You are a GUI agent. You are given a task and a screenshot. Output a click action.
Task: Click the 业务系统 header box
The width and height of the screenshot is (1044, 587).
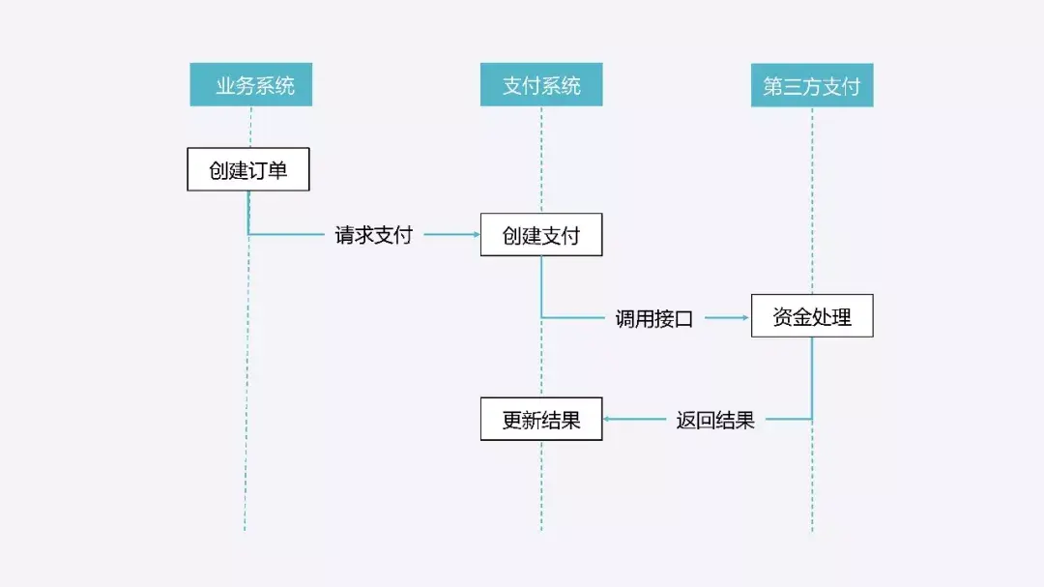250,85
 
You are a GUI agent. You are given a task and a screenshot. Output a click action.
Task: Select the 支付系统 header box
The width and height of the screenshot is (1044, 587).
541,85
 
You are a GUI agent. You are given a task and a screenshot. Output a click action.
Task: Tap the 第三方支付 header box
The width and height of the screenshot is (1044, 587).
812,85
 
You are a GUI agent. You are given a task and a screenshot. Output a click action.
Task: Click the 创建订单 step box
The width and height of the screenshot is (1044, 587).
248,169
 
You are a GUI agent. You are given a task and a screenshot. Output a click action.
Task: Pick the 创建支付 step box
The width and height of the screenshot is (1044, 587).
541,235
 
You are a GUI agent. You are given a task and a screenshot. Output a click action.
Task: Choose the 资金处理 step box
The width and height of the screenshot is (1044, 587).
812,316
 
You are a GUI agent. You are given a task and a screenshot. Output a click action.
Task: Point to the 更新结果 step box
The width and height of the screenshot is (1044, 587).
541,420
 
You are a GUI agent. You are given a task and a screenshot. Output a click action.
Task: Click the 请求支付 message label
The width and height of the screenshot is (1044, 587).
373,235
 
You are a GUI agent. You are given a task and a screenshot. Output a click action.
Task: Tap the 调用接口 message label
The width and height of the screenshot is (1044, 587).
654,318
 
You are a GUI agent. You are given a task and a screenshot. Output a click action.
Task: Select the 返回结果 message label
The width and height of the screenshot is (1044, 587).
715,421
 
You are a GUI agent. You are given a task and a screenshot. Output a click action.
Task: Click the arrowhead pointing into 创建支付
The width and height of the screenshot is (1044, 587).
476,235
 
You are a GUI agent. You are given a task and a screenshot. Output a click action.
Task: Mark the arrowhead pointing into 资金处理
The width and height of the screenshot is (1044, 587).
746,317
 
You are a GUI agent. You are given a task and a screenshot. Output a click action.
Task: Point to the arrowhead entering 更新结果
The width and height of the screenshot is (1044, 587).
608,420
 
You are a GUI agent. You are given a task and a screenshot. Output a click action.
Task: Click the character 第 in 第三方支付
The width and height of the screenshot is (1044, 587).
773,86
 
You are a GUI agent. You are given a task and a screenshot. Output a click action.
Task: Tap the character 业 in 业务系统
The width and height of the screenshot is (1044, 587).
225,86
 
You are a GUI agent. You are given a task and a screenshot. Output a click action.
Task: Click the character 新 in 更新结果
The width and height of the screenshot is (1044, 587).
532,421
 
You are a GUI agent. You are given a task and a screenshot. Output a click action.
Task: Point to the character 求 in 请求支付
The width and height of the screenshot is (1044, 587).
363,235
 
